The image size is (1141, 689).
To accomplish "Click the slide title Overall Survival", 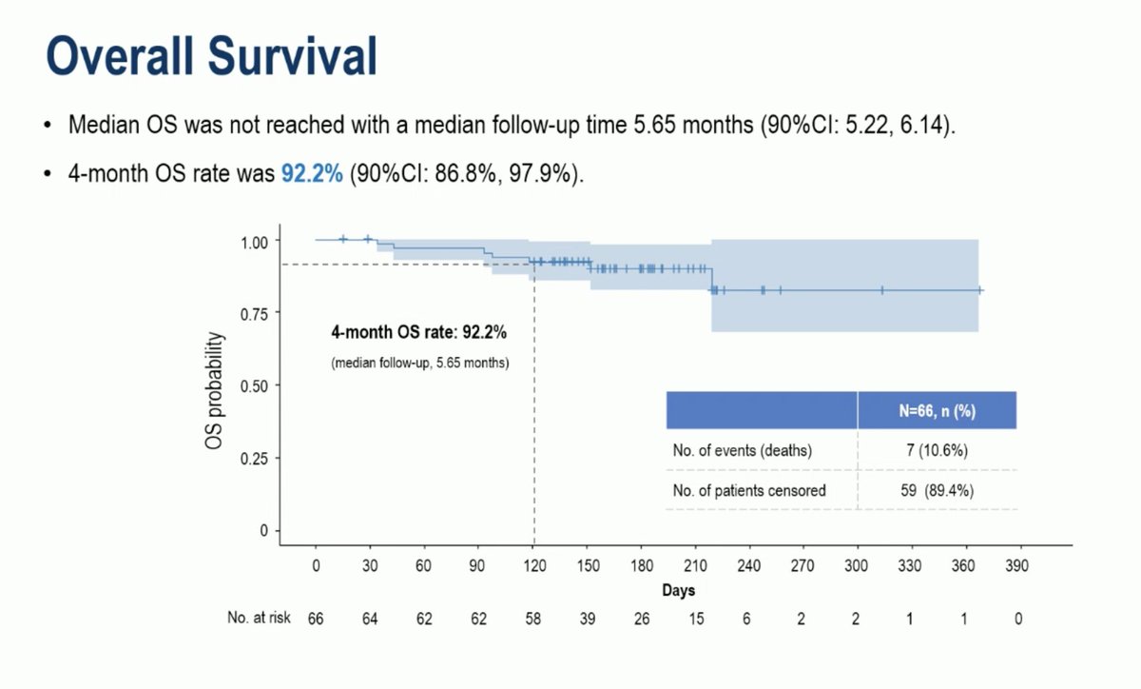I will click(211, 56).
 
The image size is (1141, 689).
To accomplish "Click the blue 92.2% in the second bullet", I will click(311, 174).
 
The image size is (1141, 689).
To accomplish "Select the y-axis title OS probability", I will click(218, 391).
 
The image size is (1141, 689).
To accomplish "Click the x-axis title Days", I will click(678, 590).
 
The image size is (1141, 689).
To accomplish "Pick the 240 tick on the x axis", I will click(749, 564).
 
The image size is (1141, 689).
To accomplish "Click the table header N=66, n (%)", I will click(937, 411).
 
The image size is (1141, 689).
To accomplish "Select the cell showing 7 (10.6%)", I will click(937, 451).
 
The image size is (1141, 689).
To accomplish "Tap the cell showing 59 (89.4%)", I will click(937, 491).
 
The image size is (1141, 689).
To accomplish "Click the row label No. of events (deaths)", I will click(742, 451).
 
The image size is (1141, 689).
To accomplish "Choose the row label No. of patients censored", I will click(749, 491).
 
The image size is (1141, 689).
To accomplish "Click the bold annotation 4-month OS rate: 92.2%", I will click(418, 333).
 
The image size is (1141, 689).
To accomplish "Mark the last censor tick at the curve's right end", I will click(979, 290).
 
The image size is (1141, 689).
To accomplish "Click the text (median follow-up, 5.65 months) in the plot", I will click(419, 363).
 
